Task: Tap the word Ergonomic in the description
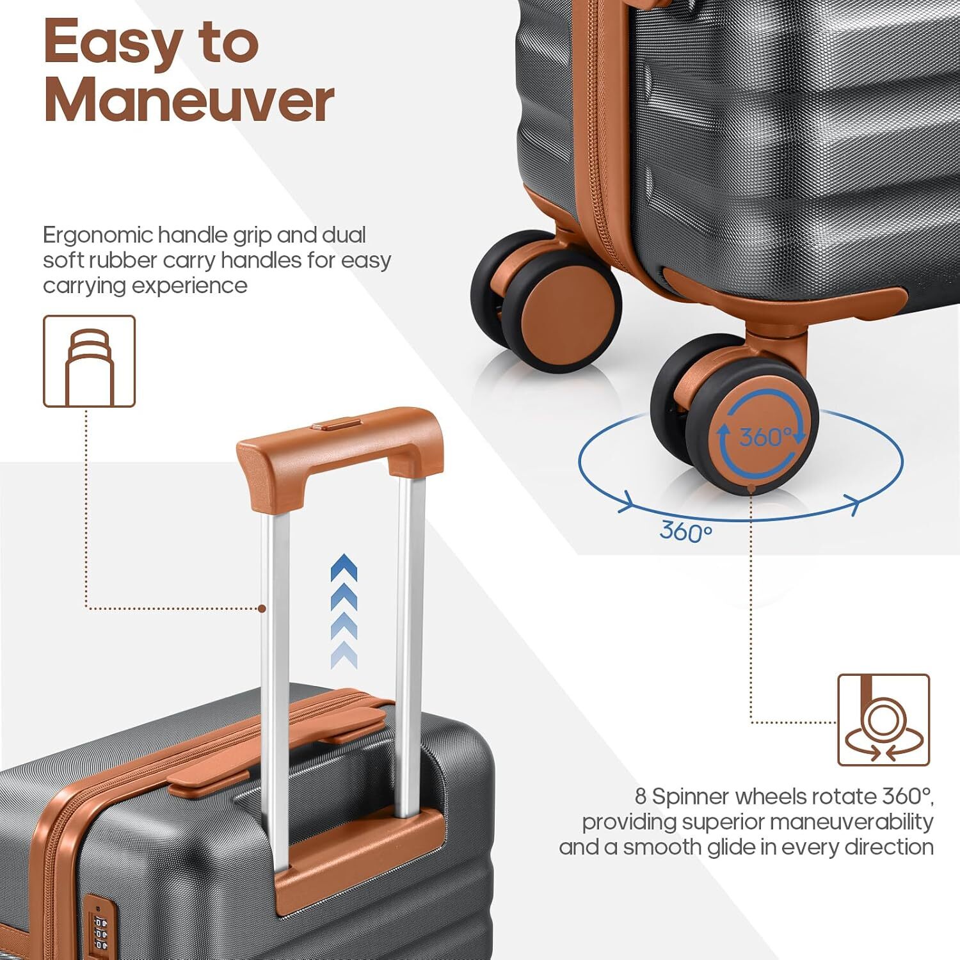[x=97, y=236]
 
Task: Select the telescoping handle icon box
[x=89, y=362]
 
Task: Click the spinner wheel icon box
[x=883, y=720]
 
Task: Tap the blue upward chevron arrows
[x=344, y=611]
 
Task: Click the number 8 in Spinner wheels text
[x=641, y=797]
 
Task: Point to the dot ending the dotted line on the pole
[x=262, y=609]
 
